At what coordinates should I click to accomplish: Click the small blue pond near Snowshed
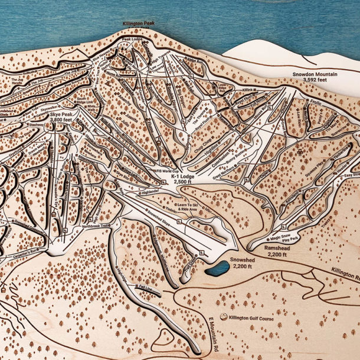(x=217, y=269)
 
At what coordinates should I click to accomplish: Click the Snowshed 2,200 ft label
(x=243, y=263)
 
